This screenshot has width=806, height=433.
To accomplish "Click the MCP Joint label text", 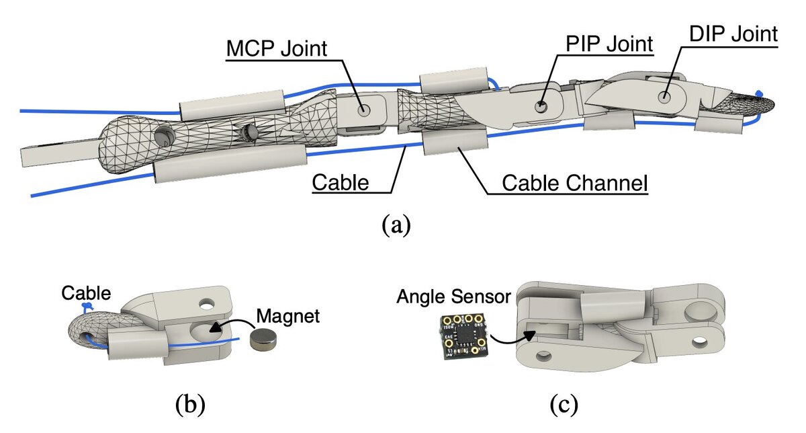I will (276, 49).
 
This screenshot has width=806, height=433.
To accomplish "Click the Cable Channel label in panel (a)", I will (575, 182).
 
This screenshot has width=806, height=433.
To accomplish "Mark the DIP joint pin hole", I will (664, 97).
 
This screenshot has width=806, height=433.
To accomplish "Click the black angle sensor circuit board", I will (462, 333).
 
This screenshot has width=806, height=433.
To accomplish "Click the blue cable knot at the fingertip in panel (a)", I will (759, 93).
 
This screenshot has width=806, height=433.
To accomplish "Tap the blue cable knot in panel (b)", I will (86, 307).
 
